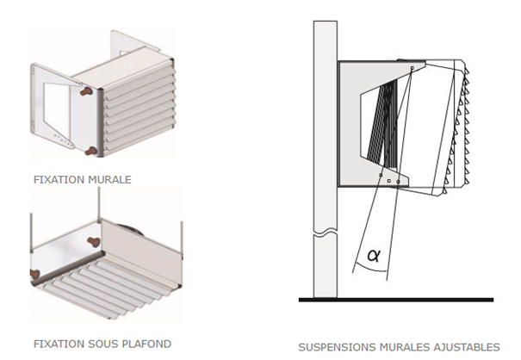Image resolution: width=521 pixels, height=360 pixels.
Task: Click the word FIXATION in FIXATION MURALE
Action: [x=59, y=180]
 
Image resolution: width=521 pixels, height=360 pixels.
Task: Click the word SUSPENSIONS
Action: [x=337, y=347]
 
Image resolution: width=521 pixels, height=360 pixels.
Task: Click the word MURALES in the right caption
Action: [x=405, y=347]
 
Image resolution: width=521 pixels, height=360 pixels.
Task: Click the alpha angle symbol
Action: [x=374, y=256]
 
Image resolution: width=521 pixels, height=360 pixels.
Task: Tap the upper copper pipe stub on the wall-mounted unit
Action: [x=86, y=91]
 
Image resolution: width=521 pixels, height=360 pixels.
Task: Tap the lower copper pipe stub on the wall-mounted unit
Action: [x=91, y=152]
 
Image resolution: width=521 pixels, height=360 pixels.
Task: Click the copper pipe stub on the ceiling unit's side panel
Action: [x=92, y=240]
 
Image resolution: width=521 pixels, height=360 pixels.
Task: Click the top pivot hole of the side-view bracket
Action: [x=412, y=68]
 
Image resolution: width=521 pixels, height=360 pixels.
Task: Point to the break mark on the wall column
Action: [x=326, y=234]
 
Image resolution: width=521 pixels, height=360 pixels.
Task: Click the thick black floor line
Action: [x=396, y=300]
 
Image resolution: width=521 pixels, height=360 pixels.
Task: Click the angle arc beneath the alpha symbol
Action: [x=370, y=268]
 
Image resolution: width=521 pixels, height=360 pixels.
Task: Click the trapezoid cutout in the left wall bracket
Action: [x=56, y=102]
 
